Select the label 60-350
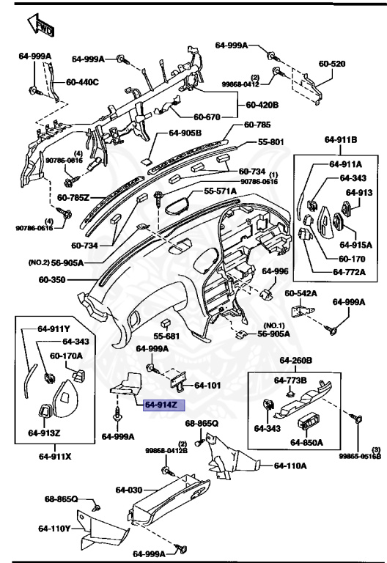pos(53,279)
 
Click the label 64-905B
pos(185,133)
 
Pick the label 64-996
pos(276,271)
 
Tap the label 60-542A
pos(301,293)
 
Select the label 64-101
pos(207,386)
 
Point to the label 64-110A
pos(291,465)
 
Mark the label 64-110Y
pos(54,528)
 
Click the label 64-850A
pos(306,442)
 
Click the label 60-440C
pos(82,81)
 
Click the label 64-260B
pos(295,361)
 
